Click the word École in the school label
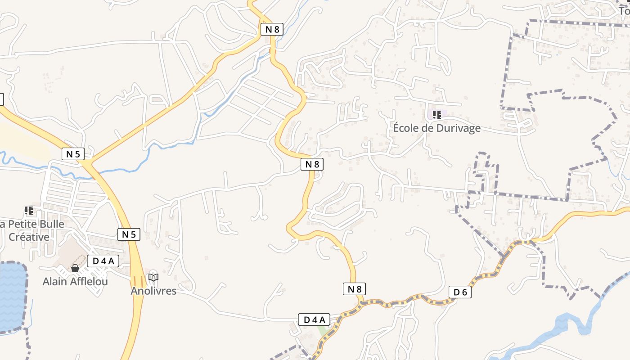[x=407, y=128]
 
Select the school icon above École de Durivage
[x=436, y=115]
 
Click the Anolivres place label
[x=153, y=291]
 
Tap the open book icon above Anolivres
[x=153, y=277]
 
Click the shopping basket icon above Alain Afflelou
[x=75, y=269]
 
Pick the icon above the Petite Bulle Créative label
[x=29, y=210]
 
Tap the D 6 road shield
[x=460, y=292]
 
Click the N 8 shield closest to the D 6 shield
[x=354, y=289]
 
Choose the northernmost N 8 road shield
[x=272, y=30]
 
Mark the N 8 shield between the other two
[x=312, y=164]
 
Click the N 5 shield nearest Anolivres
[x=129, y=234]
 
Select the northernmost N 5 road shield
[x=73, y=154]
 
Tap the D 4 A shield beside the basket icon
[x=103, y=261]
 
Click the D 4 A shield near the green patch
[x=314, y=320]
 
